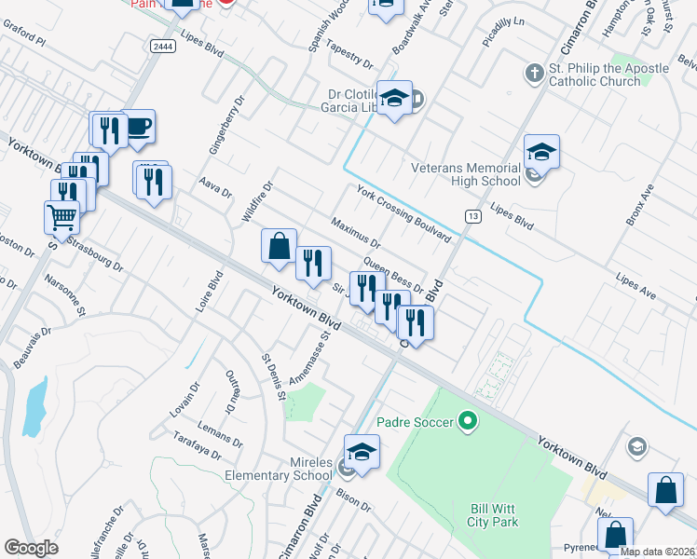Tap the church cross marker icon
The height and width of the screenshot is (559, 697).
(x=535, y=72)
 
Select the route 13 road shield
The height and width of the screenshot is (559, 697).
(x=472, y=216)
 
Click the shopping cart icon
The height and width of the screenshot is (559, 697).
(x=61, y=218)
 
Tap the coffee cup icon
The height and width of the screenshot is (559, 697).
(x=138, y=127)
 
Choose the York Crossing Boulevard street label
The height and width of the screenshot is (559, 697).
(x=403, y=213)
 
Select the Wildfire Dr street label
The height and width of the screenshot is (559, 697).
(x=256, y=201)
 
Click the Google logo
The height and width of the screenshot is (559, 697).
(x=32, y=548)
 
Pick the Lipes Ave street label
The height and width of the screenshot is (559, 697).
(x=636, y=286)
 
